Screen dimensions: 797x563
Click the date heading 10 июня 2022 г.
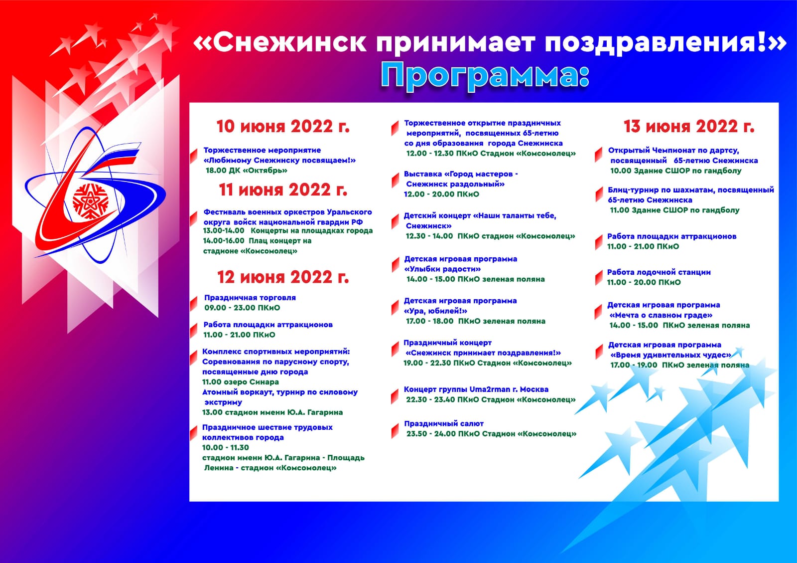pyautogui.click(x=283, y=127)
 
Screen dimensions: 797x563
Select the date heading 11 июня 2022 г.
pyautogui.click(x=283, y=190)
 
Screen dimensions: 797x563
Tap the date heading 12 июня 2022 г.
pyautogui.click(x=283, y=277)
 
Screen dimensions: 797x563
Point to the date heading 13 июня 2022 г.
pyautogui.click(x=689, y=127)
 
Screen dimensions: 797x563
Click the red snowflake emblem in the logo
pyautogui.click(x=90, y=202)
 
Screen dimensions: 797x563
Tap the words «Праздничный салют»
pyautogui.click(x=444, y=424)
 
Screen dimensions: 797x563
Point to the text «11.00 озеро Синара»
pyautogui.click(x=241, y=382)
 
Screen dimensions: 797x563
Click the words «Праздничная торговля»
pyautogui.click(x=250, y=298)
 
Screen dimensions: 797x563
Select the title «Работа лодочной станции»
pyautogui.click(x=659, y=272)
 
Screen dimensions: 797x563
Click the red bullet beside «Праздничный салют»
pyautogui.click(x=395, y=430)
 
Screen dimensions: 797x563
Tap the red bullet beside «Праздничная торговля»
pyautogui.click(x=194, y=303)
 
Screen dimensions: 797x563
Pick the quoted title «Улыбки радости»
pyautogui.click(x=443, y=269)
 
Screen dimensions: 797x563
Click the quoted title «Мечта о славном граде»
pyautogui.click(x=661, y=315)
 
